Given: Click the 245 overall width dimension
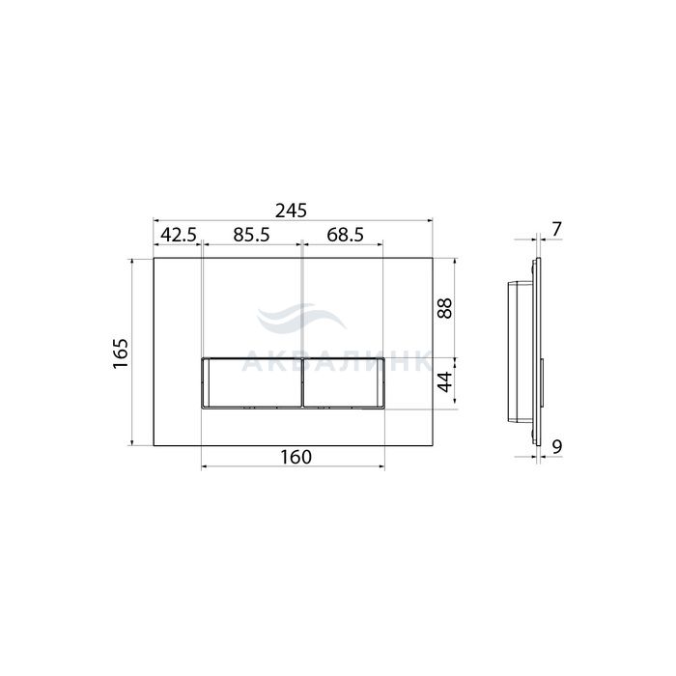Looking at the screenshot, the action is (x=291, y=211).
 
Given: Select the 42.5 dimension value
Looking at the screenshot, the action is (x=179, y=235).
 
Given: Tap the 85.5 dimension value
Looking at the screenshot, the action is (x=251, y=235).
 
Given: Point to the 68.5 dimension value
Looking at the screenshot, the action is (x=345, y=235).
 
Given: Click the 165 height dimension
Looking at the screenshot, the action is (x=121, y=353).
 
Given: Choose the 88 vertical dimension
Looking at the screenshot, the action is (x=445, y=308).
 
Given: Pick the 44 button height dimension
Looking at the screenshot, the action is (x=445, y=381).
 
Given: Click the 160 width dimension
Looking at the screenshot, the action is (x=296, y=457).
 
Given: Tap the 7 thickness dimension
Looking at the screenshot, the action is (x=557, y=230).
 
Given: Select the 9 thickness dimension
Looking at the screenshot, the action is (x=557, y=447).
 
